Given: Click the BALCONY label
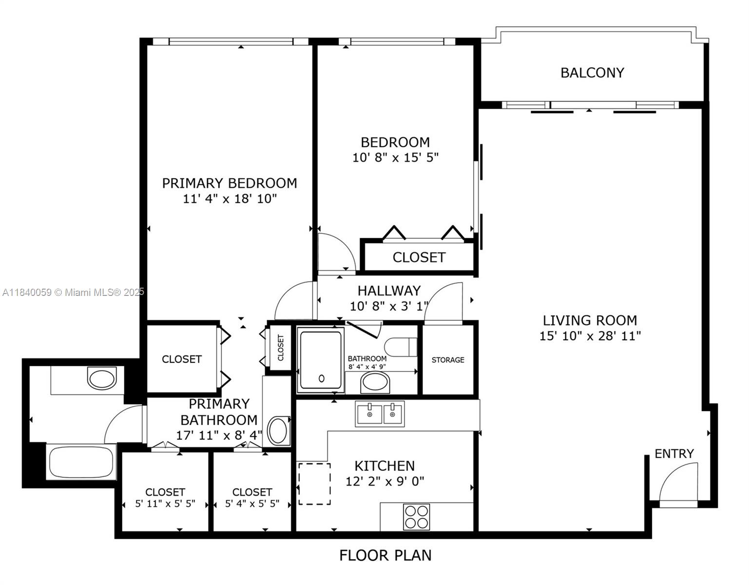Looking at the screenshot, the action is [592, 73].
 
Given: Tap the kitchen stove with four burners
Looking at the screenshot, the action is [416, 517].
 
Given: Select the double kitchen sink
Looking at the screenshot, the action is [380, 414].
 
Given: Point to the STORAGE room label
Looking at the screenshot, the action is [448, 360].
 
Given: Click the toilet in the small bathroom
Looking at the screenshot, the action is [401, 347].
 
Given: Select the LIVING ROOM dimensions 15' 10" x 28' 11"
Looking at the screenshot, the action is [590, 336].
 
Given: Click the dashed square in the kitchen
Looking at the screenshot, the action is [314, 485].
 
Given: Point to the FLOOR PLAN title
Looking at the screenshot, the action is [385, 555].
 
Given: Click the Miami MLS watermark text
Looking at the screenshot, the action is [73, 292].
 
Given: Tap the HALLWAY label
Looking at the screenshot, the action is [389, 291].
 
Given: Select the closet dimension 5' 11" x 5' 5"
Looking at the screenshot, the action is [165, 504].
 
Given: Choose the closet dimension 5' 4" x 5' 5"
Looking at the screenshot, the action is [252, 504].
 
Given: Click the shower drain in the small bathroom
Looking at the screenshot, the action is [322, 378].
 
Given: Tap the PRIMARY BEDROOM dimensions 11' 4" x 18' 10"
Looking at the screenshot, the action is [230, 198].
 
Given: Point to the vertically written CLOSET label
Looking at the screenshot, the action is [281, 348].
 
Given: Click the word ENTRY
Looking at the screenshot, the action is [674, 454].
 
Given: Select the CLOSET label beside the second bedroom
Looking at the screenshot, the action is [419, 257].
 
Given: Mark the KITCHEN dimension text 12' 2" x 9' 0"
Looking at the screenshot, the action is [384, 481].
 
